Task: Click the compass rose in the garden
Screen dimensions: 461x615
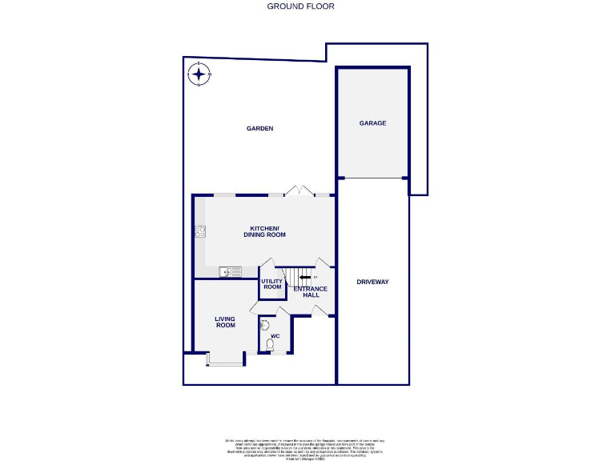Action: point(199,75)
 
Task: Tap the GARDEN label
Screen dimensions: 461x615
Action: point(260,128)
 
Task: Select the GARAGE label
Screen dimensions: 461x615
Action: point(372,123)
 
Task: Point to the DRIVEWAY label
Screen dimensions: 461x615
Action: point(372,282)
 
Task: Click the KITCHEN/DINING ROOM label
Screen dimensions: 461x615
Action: point(264,231)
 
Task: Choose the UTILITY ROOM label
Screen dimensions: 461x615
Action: point(272,283)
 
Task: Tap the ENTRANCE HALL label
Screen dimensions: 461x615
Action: point(311,291)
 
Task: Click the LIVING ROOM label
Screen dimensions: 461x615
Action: point(225,322)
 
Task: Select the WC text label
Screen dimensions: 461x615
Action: point(275,336)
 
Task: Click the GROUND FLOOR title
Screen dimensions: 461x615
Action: point(300,6)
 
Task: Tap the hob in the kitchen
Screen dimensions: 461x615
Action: point(199,232)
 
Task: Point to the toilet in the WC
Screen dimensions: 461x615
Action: point(270,345)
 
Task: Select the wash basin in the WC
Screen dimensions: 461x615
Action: point(263,325)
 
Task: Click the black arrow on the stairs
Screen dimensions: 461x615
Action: point(304,278)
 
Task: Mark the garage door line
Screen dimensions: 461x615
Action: point(372,178)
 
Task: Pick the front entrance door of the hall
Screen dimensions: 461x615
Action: point(319,311)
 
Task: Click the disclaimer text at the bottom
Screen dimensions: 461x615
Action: point(304,447)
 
